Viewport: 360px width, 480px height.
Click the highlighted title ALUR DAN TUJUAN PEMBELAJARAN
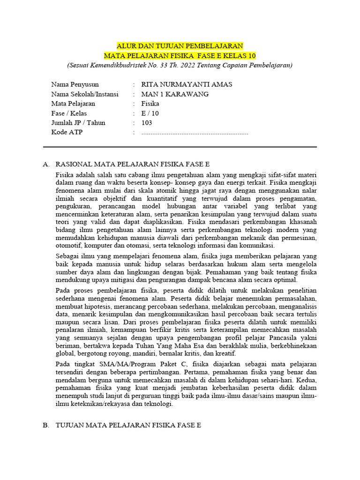[180, 46]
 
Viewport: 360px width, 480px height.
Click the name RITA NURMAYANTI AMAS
[187, 84]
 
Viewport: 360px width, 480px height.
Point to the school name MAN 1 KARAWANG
[175, 94]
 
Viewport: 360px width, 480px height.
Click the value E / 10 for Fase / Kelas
[150, 113]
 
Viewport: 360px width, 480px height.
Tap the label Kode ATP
[67, 133]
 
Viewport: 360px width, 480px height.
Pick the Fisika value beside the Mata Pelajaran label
[150, 104]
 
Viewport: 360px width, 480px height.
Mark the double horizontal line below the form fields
[180, 147]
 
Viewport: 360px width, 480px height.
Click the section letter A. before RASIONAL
[46, 164]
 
